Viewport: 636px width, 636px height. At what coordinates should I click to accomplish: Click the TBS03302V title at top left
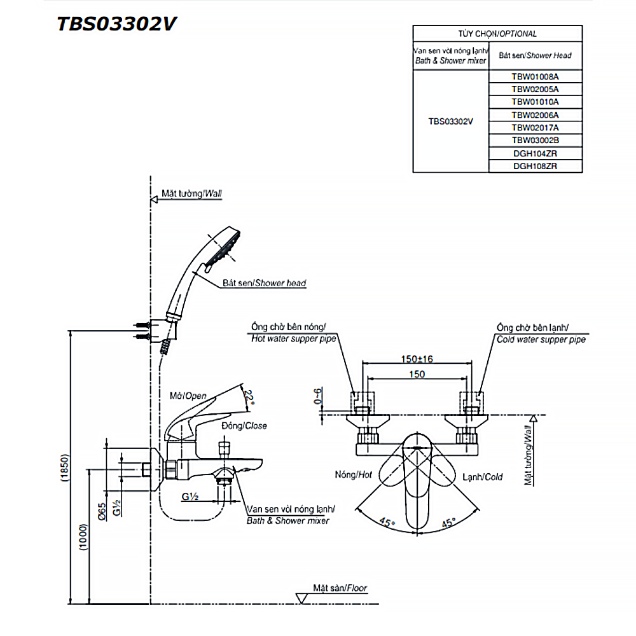[x=117, y=24]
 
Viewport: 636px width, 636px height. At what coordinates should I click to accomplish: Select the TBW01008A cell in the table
[x=535, y=76]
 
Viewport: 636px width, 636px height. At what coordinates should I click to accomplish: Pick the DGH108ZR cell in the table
[x=535, y=166]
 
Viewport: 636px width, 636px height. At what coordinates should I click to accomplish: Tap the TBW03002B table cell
[x=535, y=140]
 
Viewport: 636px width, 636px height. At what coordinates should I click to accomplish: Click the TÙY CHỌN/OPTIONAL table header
[x=497, y=34]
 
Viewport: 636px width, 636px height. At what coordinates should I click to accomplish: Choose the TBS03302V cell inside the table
[x=450, y=121]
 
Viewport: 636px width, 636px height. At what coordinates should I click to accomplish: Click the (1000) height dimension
[x=83, y=537]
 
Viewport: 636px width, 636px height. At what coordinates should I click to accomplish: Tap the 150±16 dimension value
[x=417, y=359]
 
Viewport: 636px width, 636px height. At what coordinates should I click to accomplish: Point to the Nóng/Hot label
[x=352, y=475]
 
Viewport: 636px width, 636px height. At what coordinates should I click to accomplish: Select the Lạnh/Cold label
[x=482, y=476]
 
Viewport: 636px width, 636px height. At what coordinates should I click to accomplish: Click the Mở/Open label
[x=188, y=396]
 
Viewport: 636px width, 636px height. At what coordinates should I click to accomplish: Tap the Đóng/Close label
[x=244, y=425]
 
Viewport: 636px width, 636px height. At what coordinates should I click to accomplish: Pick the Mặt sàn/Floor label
[x=340, y=588]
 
